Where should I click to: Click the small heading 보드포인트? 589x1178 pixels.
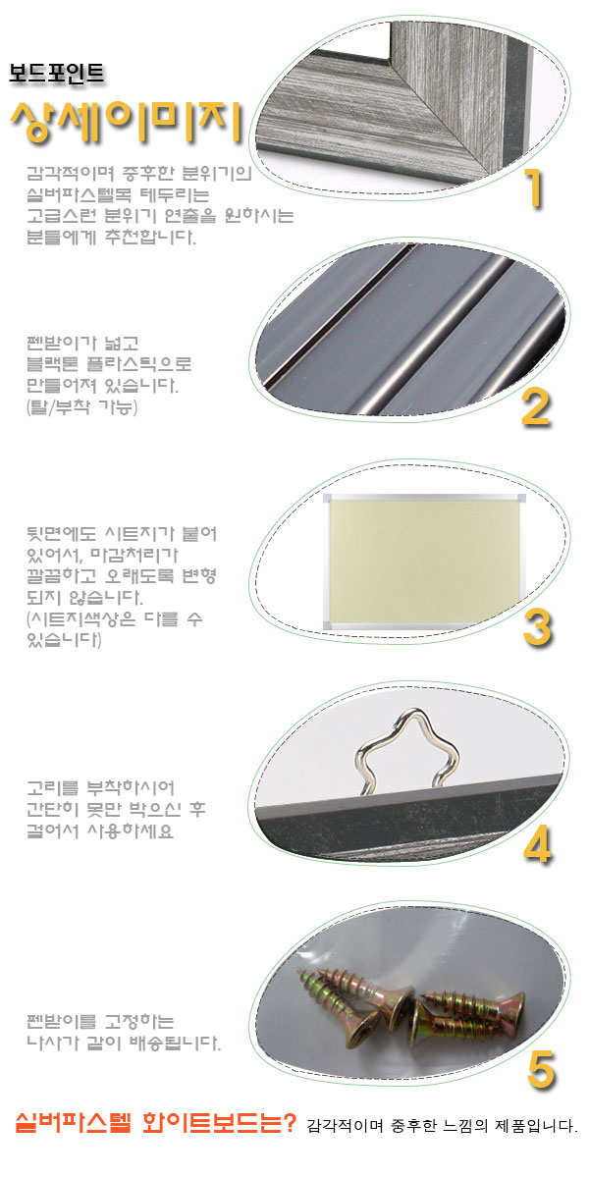click(x=56, y=73)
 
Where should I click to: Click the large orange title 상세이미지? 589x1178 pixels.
click(x=127, y=122)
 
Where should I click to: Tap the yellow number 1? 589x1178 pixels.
click(x=534, y=188)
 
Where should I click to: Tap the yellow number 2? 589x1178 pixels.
click(x=535, y=407)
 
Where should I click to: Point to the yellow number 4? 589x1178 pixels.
click(x=538, y=845)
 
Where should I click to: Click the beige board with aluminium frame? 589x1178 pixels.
click(x=424, y=562)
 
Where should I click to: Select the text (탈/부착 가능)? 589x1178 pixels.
click(x=82, y=406)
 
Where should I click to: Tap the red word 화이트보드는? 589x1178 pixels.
click(x=219, y=1123)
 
